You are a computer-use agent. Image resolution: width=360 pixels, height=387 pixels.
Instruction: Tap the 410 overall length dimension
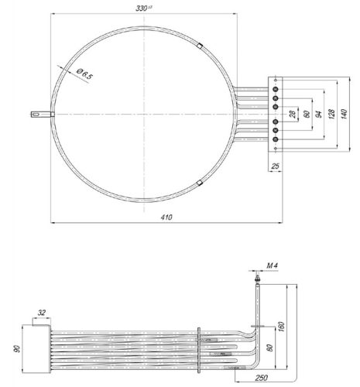click(x=165, y=217)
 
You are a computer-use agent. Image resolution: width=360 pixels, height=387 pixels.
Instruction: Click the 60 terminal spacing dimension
click(x=307, y=114)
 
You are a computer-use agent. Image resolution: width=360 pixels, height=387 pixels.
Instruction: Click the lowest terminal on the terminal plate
click(x=275, y=141)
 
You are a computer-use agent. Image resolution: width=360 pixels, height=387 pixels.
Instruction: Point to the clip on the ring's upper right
click(x=199, y=46)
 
